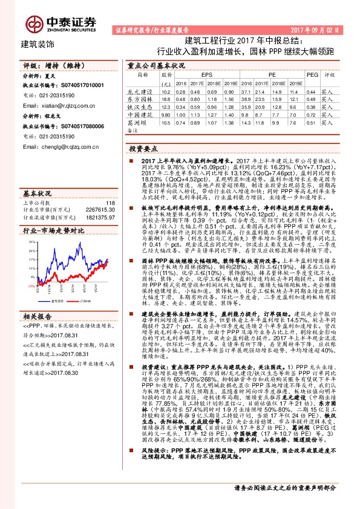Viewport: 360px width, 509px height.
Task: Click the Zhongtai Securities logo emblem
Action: [x=34, y=22]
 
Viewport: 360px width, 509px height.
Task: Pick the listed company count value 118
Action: [x=110, y=203]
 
